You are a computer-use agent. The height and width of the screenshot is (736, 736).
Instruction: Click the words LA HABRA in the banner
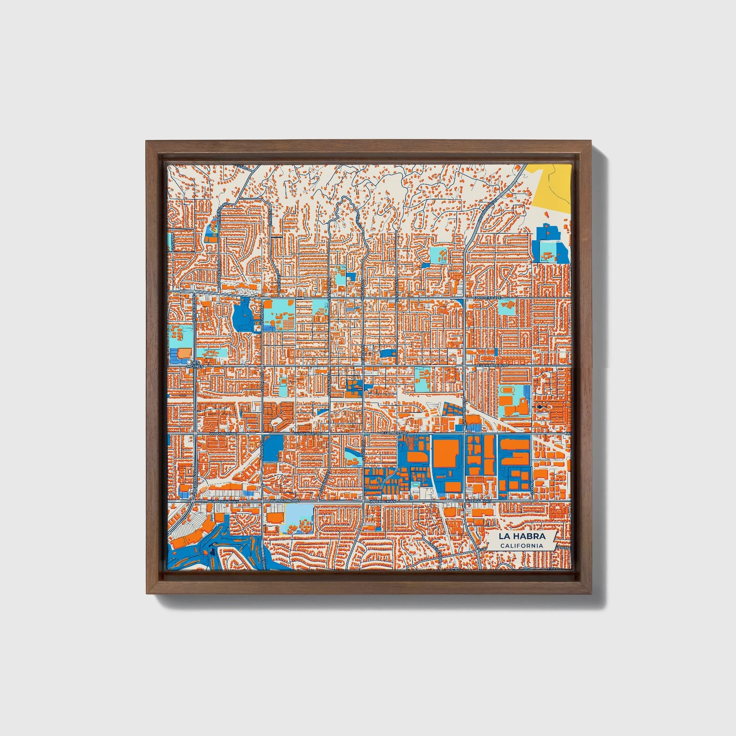[x=522, y=536]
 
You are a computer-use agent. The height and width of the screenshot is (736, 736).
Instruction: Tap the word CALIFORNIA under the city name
[x=522, y=546]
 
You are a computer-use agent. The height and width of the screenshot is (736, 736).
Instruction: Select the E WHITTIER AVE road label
[x=487, y=297]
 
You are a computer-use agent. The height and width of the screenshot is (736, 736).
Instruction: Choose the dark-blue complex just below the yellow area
[x=550, y=244]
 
